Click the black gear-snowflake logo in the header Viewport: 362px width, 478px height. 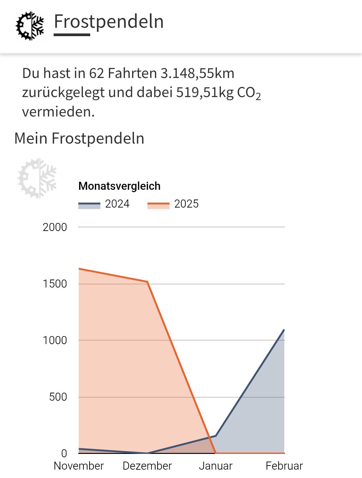tap(30, 26)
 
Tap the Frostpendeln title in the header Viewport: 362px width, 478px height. tap(109, 22)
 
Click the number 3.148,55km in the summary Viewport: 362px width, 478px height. tap(197, 73)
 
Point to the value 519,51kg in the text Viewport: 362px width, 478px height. tap(205, 92)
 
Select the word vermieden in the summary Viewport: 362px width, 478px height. tap(58, 112)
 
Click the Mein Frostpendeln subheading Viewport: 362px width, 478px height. tap(79, 138)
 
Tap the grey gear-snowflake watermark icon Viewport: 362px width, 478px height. tap(37, 178)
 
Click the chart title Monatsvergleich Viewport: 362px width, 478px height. tap(119, 186)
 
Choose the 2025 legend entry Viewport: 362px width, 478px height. tap(173, 204)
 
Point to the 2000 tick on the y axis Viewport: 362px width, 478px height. tap(55, 227)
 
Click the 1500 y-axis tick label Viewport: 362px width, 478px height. tap(55, 284)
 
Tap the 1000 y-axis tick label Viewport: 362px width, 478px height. tap(55, 340)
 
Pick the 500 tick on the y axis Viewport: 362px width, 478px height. tap(58, 397)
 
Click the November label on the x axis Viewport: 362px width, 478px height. tap(79, 466)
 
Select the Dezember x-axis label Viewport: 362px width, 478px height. tap(147, 466)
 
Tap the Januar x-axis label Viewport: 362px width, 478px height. tap(216, 466)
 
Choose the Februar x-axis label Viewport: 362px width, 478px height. tap(284, 466)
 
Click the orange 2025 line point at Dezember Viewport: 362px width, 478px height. tap(147, 282)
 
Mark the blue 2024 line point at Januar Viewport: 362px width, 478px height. tap(216, 436)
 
